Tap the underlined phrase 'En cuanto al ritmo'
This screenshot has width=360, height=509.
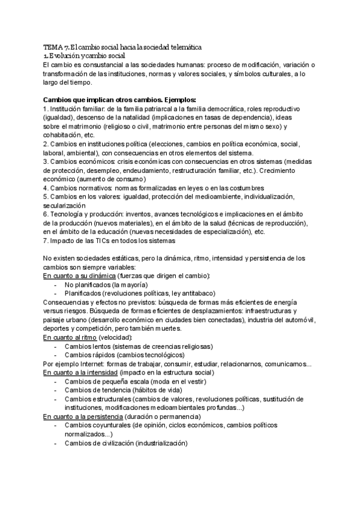[x=70, y=338]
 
